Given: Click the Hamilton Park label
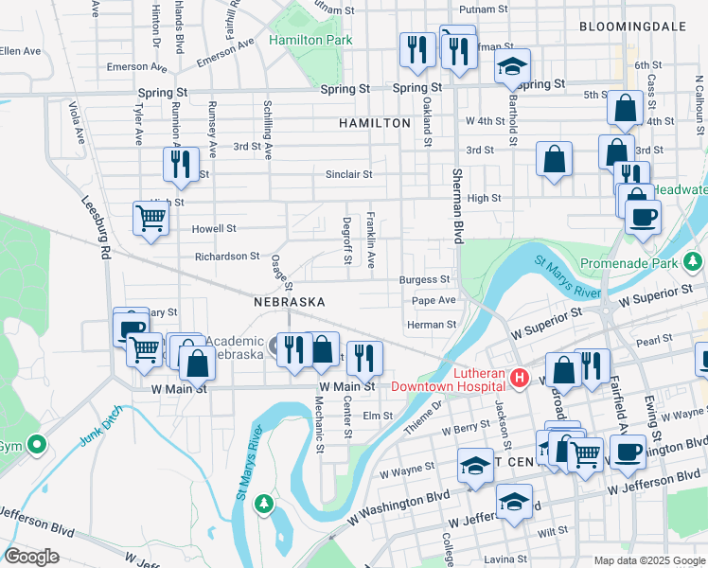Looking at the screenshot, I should [x=310, y=40].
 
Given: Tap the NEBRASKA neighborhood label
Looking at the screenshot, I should [x=290, y=301].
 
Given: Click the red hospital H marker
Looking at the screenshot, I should [x=519, y=379].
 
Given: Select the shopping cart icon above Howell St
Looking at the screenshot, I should [x=151, y=219].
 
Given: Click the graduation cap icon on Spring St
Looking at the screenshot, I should [x=512, y=67].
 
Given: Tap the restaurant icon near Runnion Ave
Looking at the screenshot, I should [x=178, y=165].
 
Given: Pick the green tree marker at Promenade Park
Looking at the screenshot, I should [x=693, y=259].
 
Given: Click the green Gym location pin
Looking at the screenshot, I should [x=36, y=443].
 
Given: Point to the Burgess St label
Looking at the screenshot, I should [x=424, y=280].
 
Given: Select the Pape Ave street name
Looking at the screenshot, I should [x=434, y=300].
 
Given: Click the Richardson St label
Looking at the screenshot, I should [x=227, y=256].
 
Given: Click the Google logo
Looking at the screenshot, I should [x=31, y=557].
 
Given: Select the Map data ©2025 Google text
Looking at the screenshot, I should [x=648, y=560].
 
